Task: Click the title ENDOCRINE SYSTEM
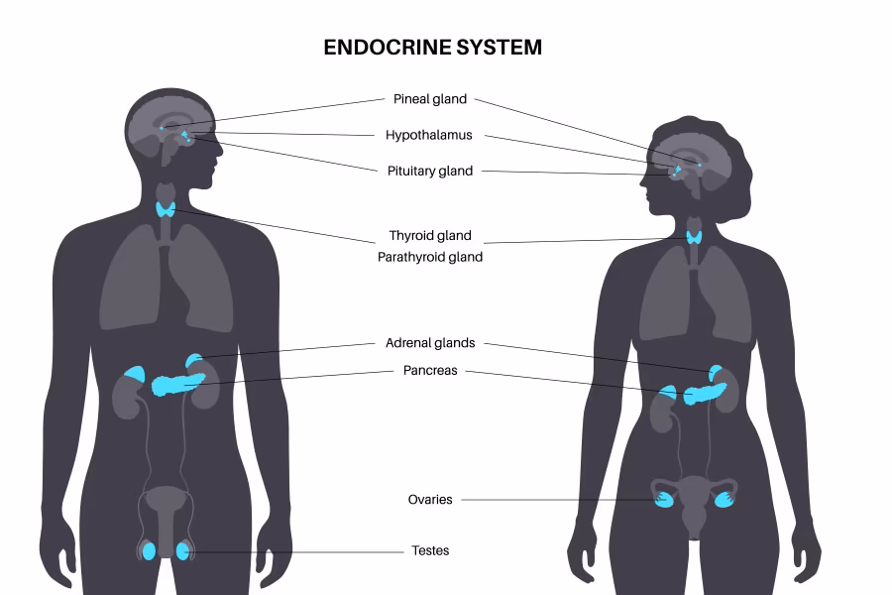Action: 433,47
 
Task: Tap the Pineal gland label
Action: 430,99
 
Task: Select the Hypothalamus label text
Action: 429,135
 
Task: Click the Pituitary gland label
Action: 430,171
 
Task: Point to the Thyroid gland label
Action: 430,236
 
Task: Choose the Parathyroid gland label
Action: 430,257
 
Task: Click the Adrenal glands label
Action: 430,343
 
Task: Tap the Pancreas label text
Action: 430,371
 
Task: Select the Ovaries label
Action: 430,500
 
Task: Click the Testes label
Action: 430,550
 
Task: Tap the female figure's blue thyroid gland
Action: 696,237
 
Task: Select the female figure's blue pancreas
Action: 705,393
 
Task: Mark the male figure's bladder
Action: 166,501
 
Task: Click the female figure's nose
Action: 640,179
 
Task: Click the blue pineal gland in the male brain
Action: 162,127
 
